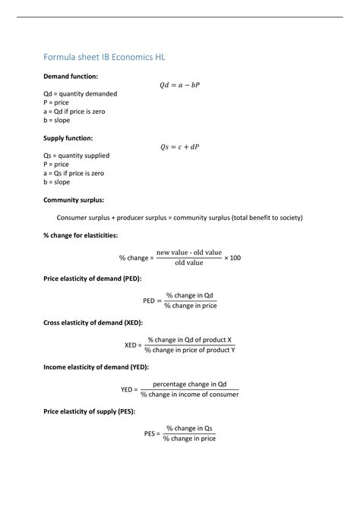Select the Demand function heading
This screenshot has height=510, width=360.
[71, 77]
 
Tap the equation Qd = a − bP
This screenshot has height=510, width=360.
[179, 85]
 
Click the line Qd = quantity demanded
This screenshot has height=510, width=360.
[77, 93]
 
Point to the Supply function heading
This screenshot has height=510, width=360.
[68, 138]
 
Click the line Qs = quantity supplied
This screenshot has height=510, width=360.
[76, 156]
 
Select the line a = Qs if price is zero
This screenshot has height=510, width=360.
[74, 173]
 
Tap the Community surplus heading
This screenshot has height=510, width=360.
[74, 200]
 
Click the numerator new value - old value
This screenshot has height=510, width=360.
[189, 252]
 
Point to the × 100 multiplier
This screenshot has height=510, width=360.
[232, 258]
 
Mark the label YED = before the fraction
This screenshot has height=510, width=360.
[128, 389]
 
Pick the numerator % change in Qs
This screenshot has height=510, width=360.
[189, 428]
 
